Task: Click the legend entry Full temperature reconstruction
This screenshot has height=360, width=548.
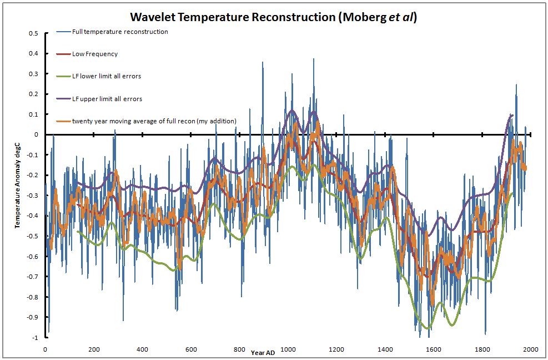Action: click(120, 32)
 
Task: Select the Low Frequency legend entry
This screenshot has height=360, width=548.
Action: click(94, 54)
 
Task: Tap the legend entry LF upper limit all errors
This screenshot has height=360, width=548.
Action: click(107, 99)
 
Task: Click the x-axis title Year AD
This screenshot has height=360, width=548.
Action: click(262, 352)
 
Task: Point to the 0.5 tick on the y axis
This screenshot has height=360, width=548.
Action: click(34, 33)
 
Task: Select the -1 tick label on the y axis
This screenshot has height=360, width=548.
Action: click(36, 338)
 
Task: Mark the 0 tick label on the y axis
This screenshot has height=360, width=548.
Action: click(36, 134)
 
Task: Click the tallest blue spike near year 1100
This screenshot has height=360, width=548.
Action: click(313, 59)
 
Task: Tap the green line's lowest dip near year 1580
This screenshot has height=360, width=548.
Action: click(427, 328)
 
